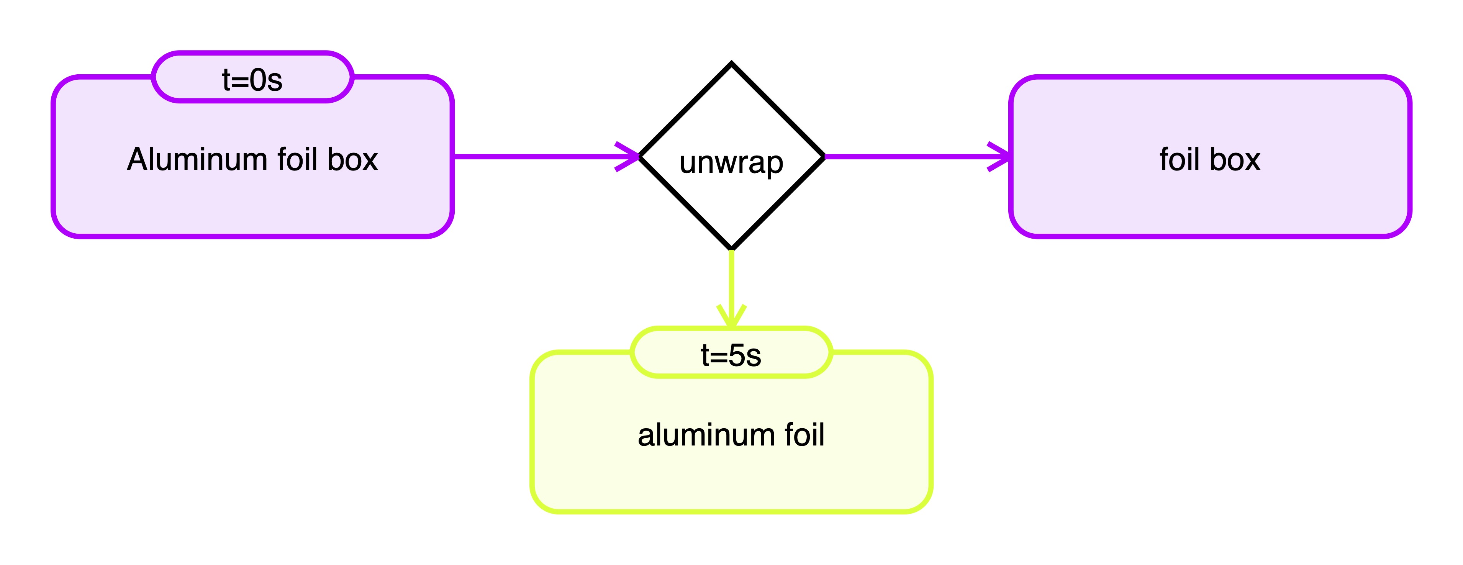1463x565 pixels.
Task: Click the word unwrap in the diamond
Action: [x=732, y=162]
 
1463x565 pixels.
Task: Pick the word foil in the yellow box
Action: [x=804, y=435]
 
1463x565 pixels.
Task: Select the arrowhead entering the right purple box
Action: [x=1003, y=156]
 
